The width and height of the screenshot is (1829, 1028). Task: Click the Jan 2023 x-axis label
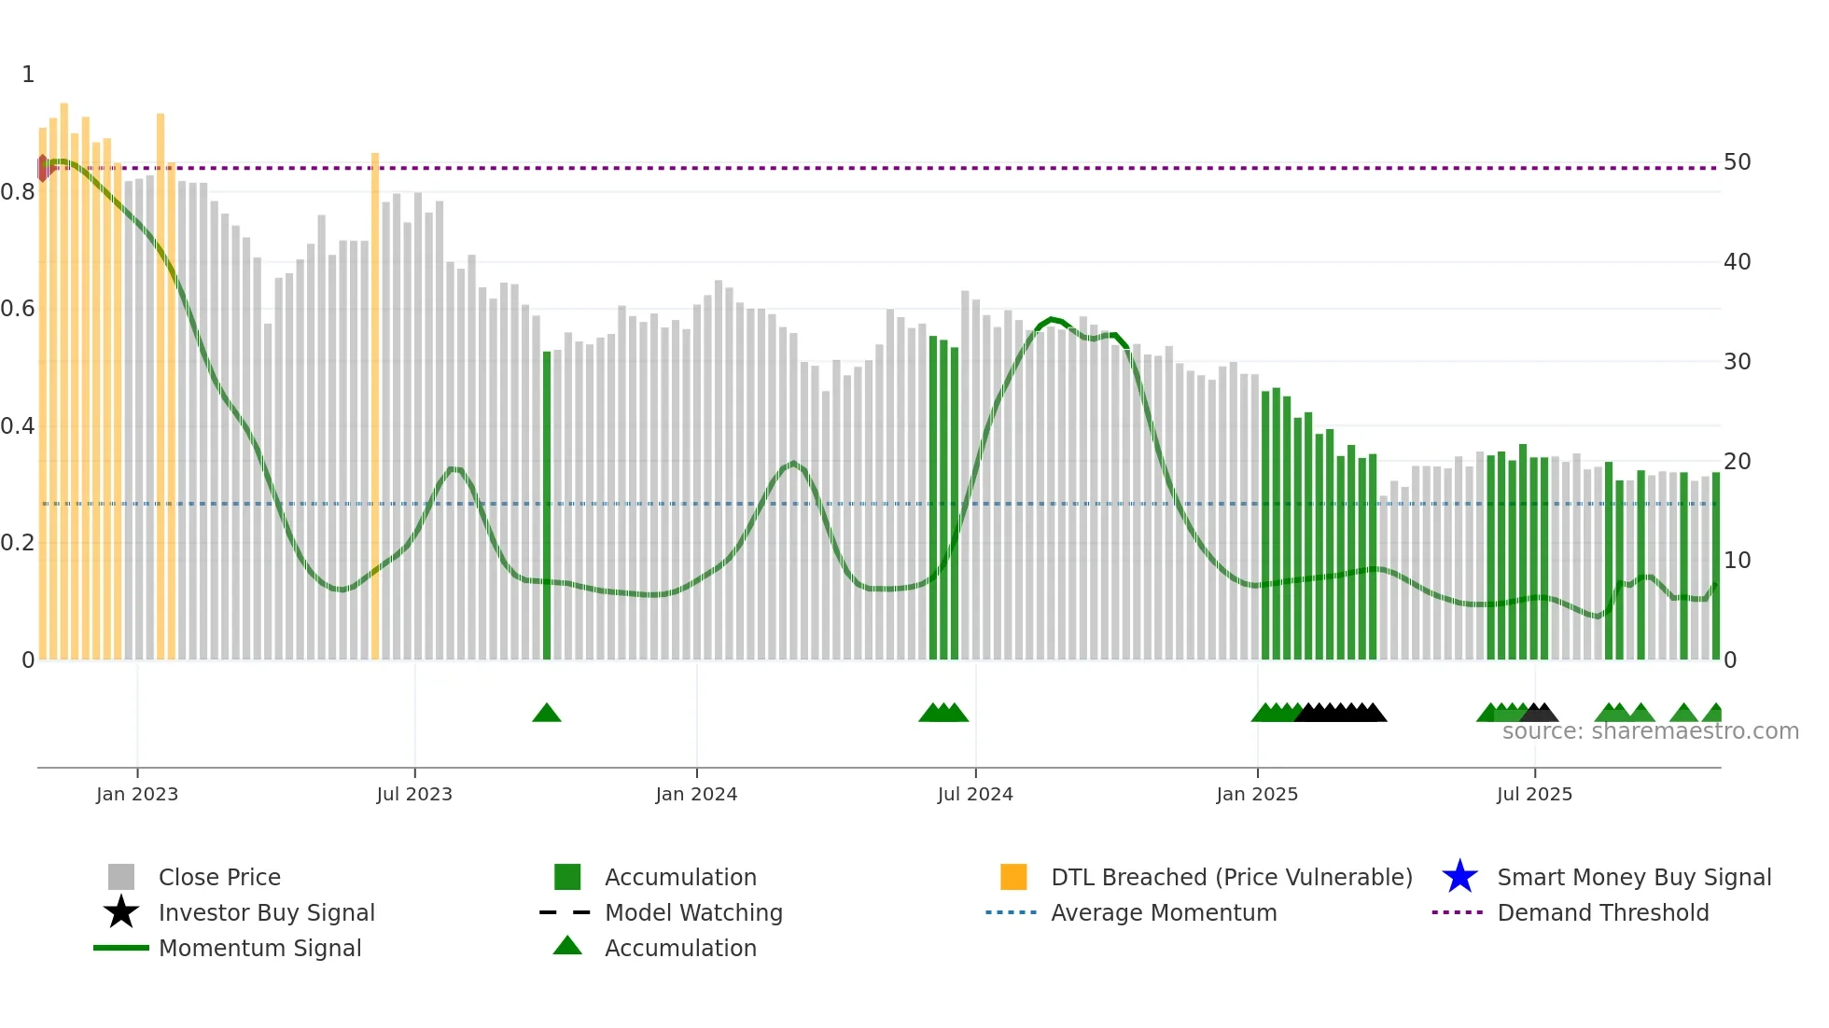(x=137, y=794)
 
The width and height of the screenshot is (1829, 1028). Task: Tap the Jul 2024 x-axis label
(x=975, y=794)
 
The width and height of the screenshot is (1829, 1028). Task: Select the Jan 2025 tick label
(x=1257, y=794)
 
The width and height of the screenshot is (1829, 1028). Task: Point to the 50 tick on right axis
(x=1737, y=162)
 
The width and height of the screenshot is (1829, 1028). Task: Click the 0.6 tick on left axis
(x=18, y=309)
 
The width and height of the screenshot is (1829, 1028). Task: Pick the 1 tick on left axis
(x=28, y=75)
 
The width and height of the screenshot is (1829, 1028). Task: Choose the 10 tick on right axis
(x=1737, y=561)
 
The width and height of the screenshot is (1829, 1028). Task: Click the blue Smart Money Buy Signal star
(x=1459, y=877)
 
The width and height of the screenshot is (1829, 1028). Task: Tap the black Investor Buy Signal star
(x=121, y=912)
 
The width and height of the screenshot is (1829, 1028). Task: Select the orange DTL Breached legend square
(x=1013, y=877)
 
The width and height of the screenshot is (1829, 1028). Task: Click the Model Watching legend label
(x=693, y=912)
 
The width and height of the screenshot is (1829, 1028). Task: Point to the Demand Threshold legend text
(x=1602, y=912)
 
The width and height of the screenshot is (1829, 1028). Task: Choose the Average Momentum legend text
(x=1164, y=912)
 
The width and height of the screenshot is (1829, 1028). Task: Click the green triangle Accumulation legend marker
(x=567, y=947)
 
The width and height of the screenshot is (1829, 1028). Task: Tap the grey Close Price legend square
(x=121, y=877)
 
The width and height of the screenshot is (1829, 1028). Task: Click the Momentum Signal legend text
(x=259, y=948)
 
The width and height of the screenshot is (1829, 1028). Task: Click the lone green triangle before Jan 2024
(x=547, y=714)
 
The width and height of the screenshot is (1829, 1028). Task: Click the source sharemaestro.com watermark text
(x=1650, y=731)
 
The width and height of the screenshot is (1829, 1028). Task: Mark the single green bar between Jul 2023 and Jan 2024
(x=547, y=504)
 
